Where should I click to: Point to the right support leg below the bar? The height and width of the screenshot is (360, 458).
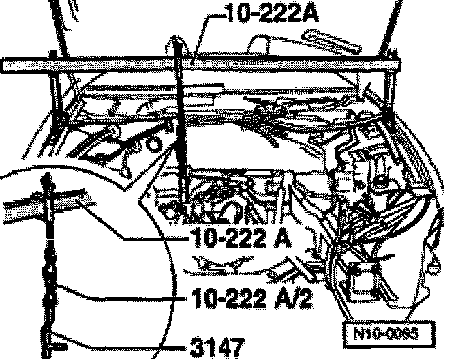tap(385, 95)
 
